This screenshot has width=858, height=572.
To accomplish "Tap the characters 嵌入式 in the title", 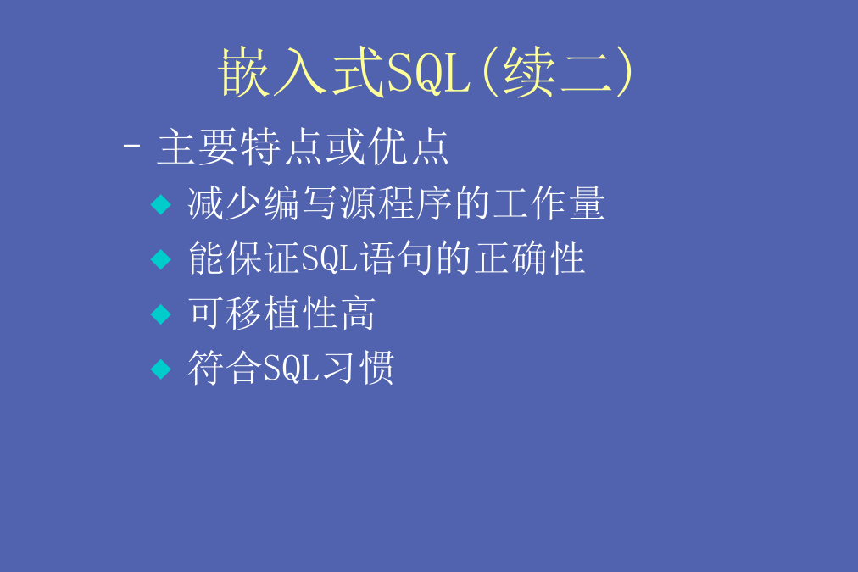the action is click(302, 72).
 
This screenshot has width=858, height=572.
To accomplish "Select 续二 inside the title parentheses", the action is click(557, 72).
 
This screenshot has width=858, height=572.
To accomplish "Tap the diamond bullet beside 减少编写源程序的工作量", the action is click(161, 204).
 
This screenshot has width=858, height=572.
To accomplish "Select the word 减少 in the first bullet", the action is click(226, 203).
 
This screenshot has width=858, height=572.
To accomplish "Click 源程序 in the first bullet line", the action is click(396, 203).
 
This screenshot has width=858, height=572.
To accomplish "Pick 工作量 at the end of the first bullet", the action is click(548, 203).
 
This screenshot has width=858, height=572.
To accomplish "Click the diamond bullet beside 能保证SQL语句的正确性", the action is click(161, 259).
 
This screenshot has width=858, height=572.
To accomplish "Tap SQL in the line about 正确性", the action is click(330, 258).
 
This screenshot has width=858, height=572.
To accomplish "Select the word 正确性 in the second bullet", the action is click(530, 258).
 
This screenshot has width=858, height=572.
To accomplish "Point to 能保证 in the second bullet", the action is click(244, 258).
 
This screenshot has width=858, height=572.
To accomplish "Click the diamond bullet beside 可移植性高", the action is click(161, 314).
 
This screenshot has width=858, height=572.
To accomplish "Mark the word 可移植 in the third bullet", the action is click(244, 314).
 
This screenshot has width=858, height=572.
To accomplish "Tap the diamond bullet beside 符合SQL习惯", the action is click(161, 369).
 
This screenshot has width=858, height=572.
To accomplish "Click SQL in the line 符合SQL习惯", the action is click(291, 369).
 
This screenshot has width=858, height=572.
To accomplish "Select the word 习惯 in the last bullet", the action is click(358, 368).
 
